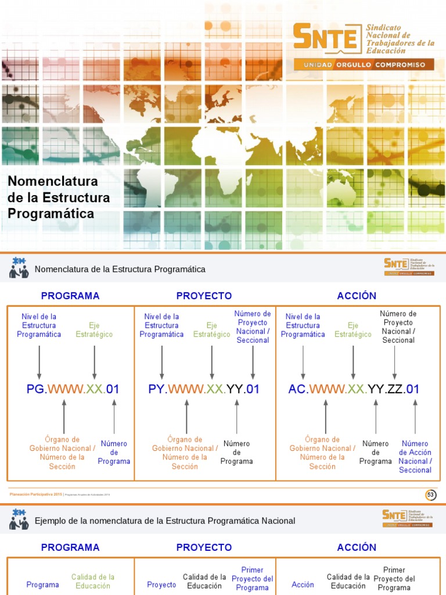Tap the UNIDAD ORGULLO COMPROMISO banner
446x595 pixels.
[364, 64]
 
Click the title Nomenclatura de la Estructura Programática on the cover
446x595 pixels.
[59, 198]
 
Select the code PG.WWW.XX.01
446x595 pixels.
[73, 389]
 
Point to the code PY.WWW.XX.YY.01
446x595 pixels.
[204, 389]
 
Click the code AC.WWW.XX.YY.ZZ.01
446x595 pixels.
[354, 389]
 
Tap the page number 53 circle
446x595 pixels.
[430, 495]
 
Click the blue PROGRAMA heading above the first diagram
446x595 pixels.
[70, 296]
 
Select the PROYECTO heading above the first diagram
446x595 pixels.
[204, 296]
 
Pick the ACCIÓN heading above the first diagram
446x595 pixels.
[357, 296]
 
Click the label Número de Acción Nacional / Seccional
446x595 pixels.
[415, 457]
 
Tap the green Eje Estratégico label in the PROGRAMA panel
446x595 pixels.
[94, 330]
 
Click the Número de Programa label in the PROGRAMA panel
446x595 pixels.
[114, 452]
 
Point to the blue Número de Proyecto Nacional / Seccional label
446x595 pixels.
[253, 327]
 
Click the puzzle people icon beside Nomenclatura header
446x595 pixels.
[19, 268]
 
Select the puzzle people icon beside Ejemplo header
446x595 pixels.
[19, 519]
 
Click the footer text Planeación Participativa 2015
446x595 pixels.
[35, 494]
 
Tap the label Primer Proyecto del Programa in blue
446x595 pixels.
[252, 579]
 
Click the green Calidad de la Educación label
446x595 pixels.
[93, 581]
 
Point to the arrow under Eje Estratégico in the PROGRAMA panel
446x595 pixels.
[94, 363]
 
